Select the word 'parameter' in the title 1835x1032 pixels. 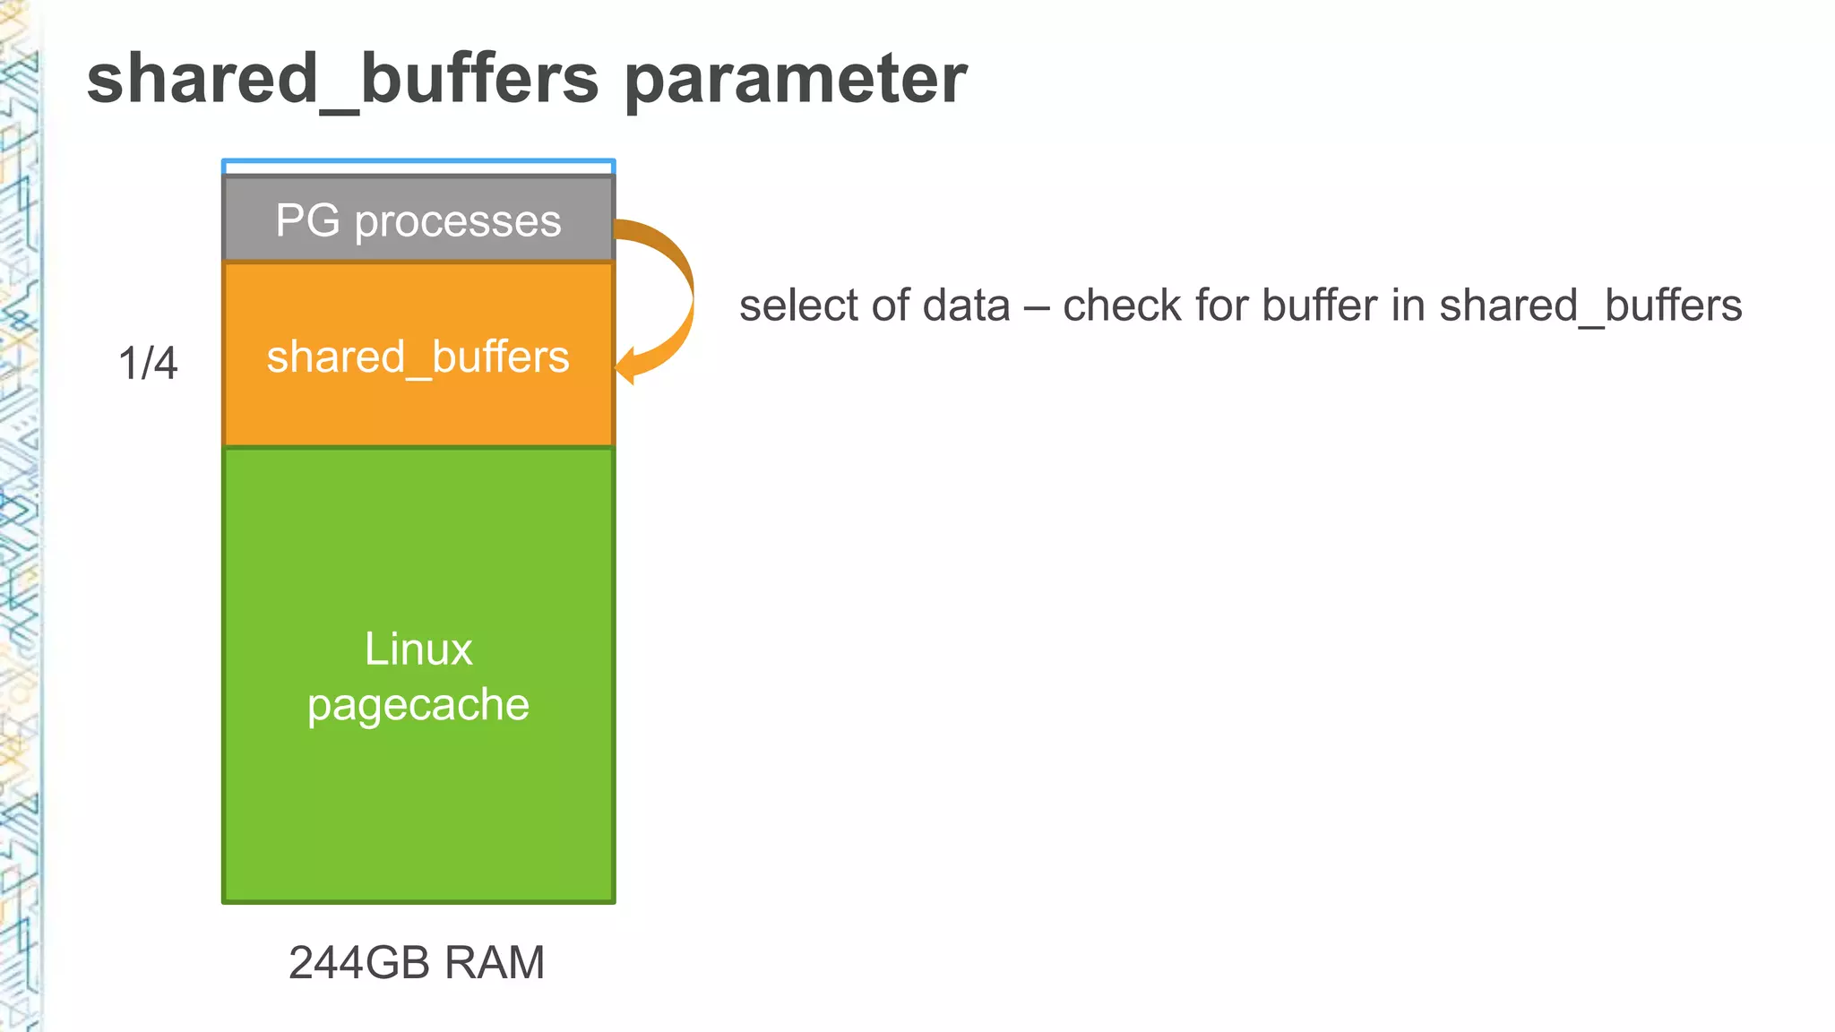[x=795, y=79]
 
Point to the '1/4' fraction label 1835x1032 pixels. [x=148, y=364]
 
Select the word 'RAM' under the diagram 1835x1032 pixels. [x=495, y=963]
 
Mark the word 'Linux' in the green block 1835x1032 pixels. [x=418, y=649]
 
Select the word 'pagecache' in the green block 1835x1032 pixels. [x=418, y=705]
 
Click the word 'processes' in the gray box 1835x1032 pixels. [x=458, y=221]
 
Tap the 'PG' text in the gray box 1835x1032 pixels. [x=307, y=220]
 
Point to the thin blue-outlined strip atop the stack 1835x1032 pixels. [x=418, y=168]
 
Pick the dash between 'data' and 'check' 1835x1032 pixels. [x=1037, y=307]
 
